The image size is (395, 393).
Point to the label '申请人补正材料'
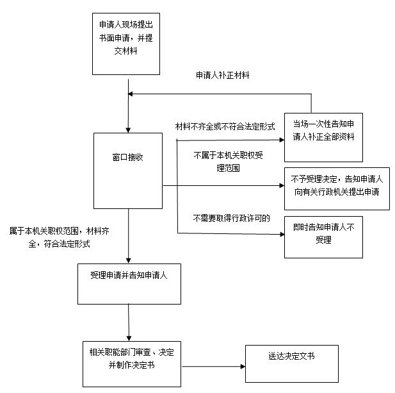pyautogui.click(x=223, y=75)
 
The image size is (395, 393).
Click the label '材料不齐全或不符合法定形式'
pyautogui.click(x=225, y=126)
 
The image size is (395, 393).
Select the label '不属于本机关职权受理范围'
pyautogui.click(x=229, y=162)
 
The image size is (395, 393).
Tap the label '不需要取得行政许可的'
pyautogui.click(x=231, y=218)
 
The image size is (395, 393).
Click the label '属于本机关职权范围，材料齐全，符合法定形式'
pyautogui.click(x=59, y=237)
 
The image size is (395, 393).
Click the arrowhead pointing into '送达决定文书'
pyautogui.click(x=243, y=367)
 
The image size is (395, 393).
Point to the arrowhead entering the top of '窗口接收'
pyautogui.click(x=128, y=130)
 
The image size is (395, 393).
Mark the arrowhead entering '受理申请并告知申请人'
pyautogui.click(x=129, y=261)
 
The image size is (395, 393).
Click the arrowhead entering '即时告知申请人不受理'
pyautogui.click(x=282, y=235)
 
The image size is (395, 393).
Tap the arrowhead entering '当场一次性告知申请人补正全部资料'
pyautogui.click(x=282, y=140)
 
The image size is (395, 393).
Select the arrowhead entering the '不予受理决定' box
pyautogui.click(x=282, y=186)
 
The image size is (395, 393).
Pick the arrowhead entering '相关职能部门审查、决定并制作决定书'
pyautogui.click(x=129, y=339)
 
